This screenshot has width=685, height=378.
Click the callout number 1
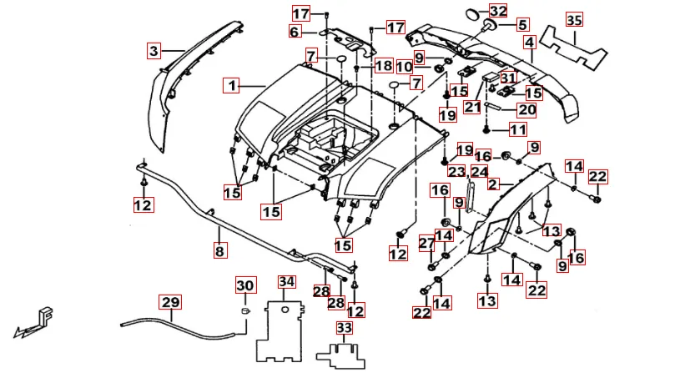coord(231,84)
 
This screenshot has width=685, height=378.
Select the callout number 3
coord(154,51)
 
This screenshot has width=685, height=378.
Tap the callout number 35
coord(573,19)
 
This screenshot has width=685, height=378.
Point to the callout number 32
coord(498,11)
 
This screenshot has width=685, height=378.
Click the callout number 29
coord(170,302)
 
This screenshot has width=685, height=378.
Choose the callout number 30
coord(244,286)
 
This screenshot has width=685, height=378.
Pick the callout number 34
coord(287,281)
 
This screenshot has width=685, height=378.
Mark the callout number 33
coord(345,328)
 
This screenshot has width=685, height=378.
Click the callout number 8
coord(219,249)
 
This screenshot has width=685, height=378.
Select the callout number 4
coord(529,42)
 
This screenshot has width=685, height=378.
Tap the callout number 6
coord(295,32)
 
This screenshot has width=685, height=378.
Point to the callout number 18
coord(383,65)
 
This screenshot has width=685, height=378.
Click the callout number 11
coord(517,129)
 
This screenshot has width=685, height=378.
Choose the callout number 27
coord(426,243)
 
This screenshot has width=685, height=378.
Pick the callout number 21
coord(473,107)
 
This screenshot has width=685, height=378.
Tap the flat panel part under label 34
coord(281,331)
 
